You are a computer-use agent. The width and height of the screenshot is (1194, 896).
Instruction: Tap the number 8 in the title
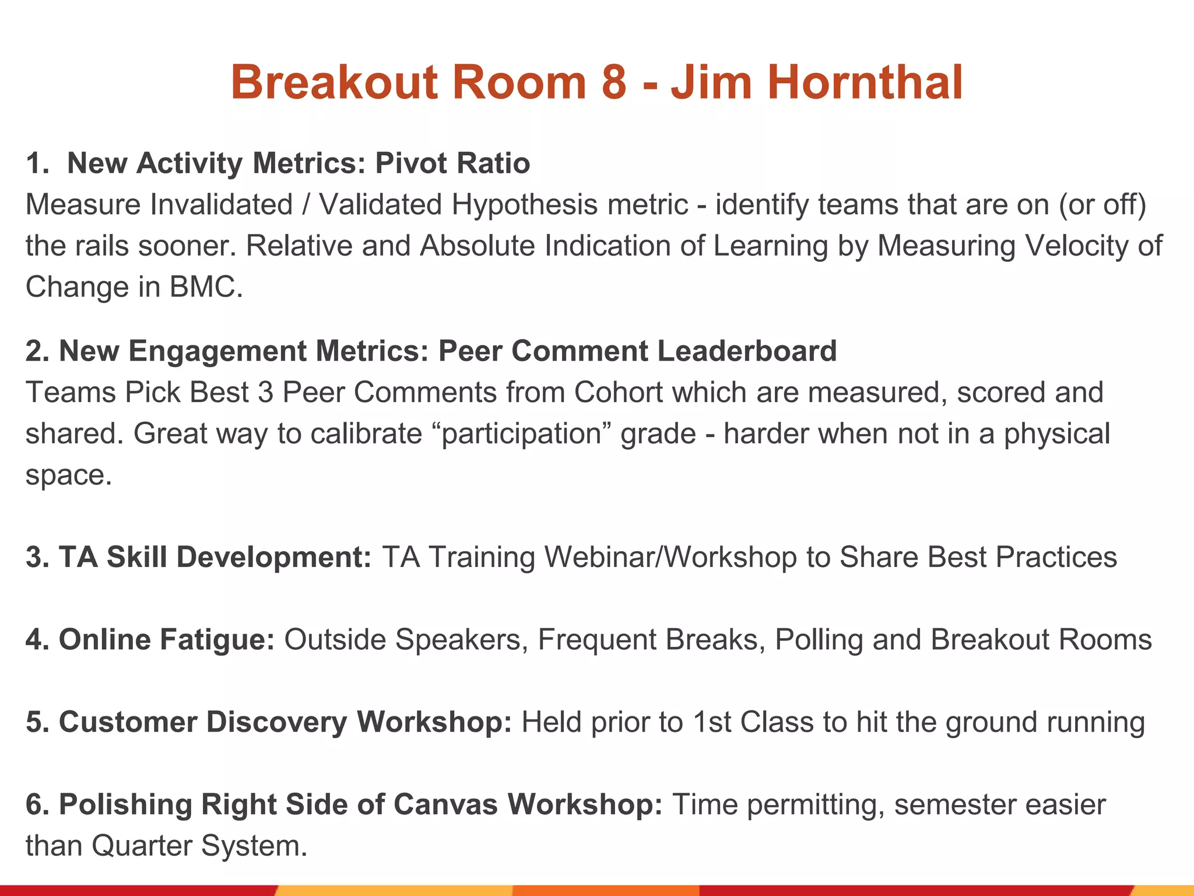pos(613,82)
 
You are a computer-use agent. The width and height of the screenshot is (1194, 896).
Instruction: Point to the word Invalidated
pos(221,205)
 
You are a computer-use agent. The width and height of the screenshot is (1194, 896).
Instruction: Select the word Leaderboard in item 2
pos(747,351)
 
